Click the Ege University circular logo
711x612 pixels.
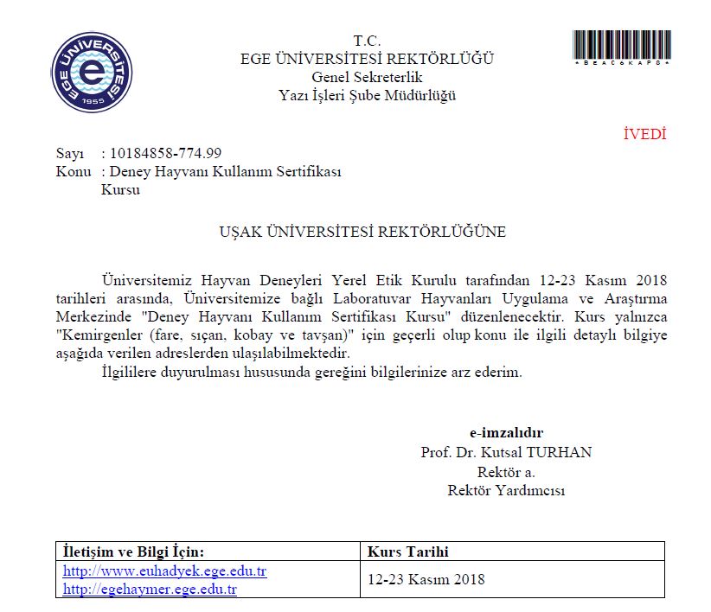(92, 72)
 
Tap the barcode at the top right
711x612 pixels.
(622, 45)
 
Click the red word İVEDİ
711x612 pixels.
(644, 134)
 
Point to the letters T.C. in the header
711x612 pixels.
(367, 41)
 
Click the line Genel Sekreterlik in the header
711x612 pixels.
(367, 77)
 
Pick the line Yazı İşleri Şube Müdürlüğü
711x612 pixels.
(367, 95)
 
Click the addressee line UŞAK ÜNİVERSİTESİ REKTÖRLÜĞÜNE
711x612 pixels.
(362, 232)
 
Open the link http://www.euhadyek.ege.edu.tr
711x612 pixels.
(165, 572)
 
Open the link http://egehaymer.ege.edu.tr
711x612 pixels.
(151, 590)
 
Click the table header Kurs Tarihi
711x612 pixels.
(408, 551)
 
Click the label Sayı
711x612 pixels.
(69, 154)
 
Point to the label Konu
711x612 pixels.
(73, 172)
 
